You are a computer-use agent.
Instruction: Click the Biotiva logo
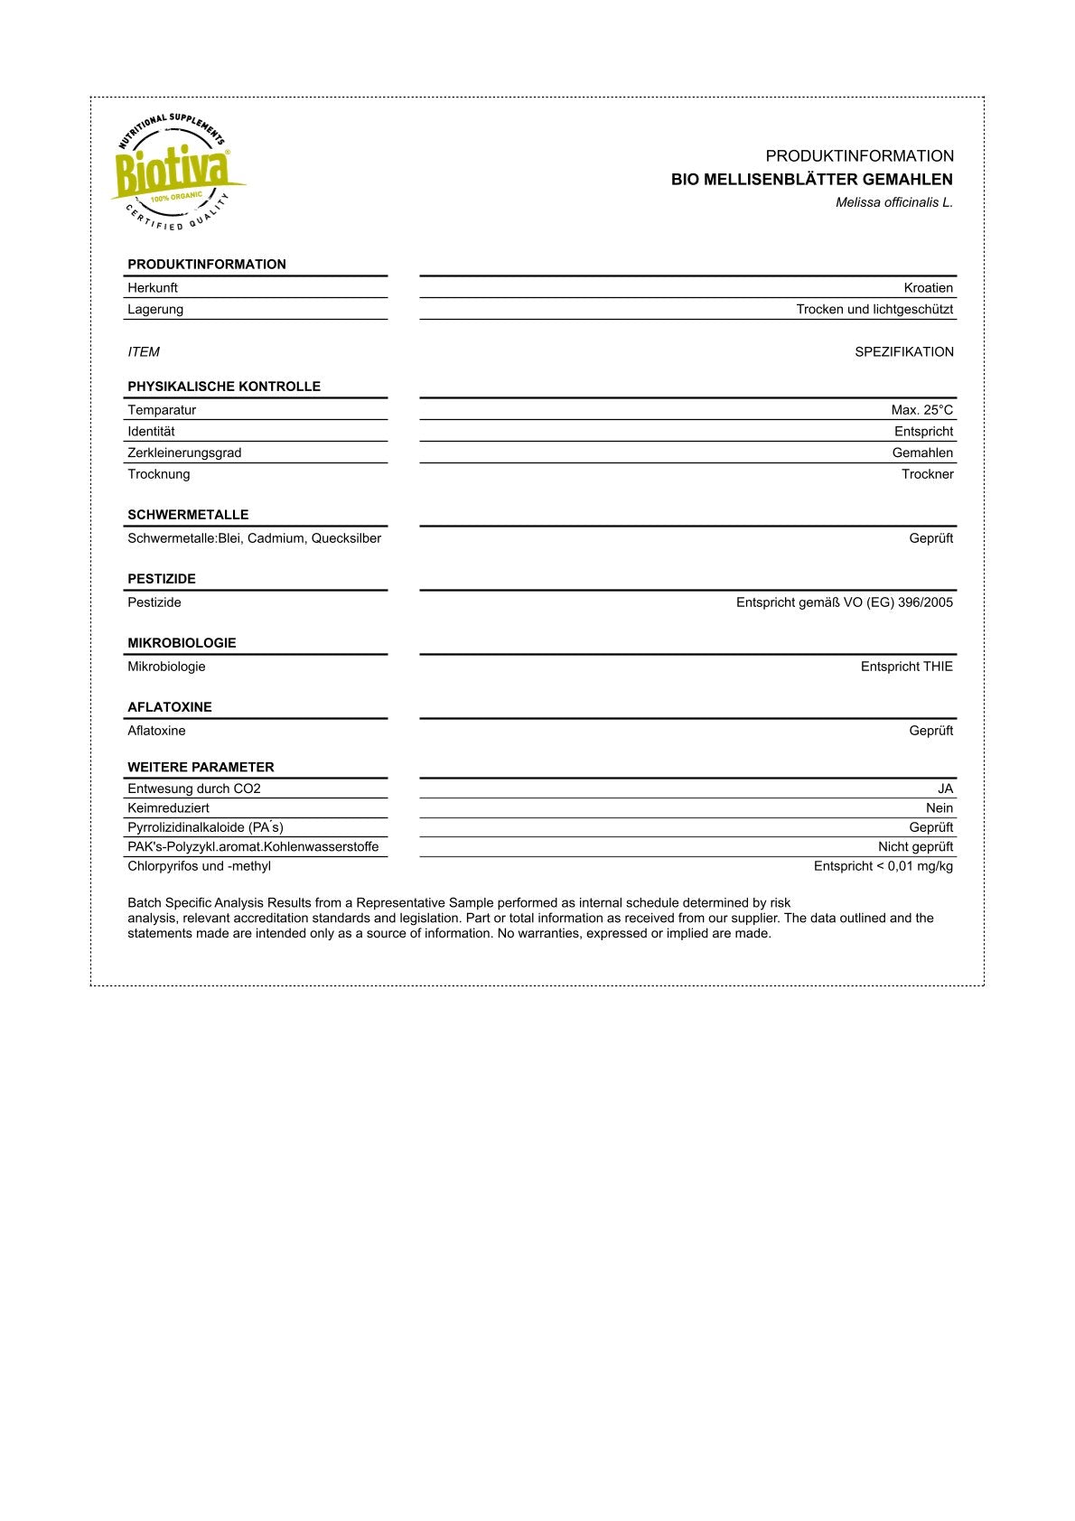pos(176,172)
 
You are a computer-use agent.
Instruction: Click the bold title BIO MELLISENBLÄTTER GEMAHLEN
pos(811,180)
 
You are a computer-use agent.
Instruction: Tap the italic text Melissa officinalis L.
pos(893,203)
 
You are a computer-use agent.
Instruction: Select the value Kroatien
pos(928,288)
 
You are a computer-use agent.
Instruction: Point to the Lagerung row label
pos(155,310)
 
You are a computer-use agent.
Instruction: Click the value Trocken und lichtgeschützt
pos(874,310)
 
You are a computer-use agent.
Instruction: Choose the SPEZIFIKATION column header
pos(903,352)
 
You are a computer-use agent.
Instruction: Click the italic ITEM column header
pos(144,352)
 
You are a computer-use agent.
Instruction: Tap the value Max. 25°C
pos(921,410)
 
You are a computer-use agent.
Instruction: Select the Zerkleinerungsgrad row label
pos(184,453)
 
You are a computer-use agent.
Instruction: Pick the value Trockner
pos(927,475)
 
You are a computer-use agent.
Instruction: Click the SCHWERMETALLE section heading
pos(188,515)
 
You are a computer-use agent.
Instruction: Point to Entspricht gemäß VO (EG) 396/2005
pos(844,602)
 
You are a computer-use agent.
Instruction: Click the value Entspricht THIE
pos(906,667)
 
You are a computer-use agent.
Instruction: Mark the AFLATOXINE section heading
pos(170,707)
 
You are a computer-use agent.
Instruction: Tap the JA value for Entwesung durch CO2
pos(945,788)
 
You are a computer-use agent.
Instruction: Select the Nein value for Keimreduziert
pos(939,808)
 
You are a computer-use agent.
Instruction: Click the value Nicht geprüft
pos(915,847)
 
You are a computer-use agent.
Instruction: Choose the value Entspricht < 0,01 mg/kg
pos(883,866)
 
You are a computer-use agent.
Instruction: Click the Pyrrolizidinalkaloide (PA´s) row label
pos(205,827)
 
